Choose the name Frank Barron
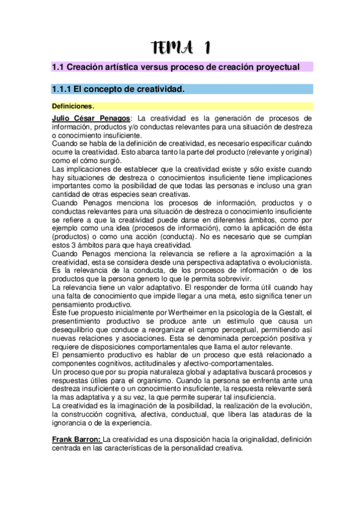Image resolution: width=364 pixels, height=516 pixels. pos(76,439)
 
